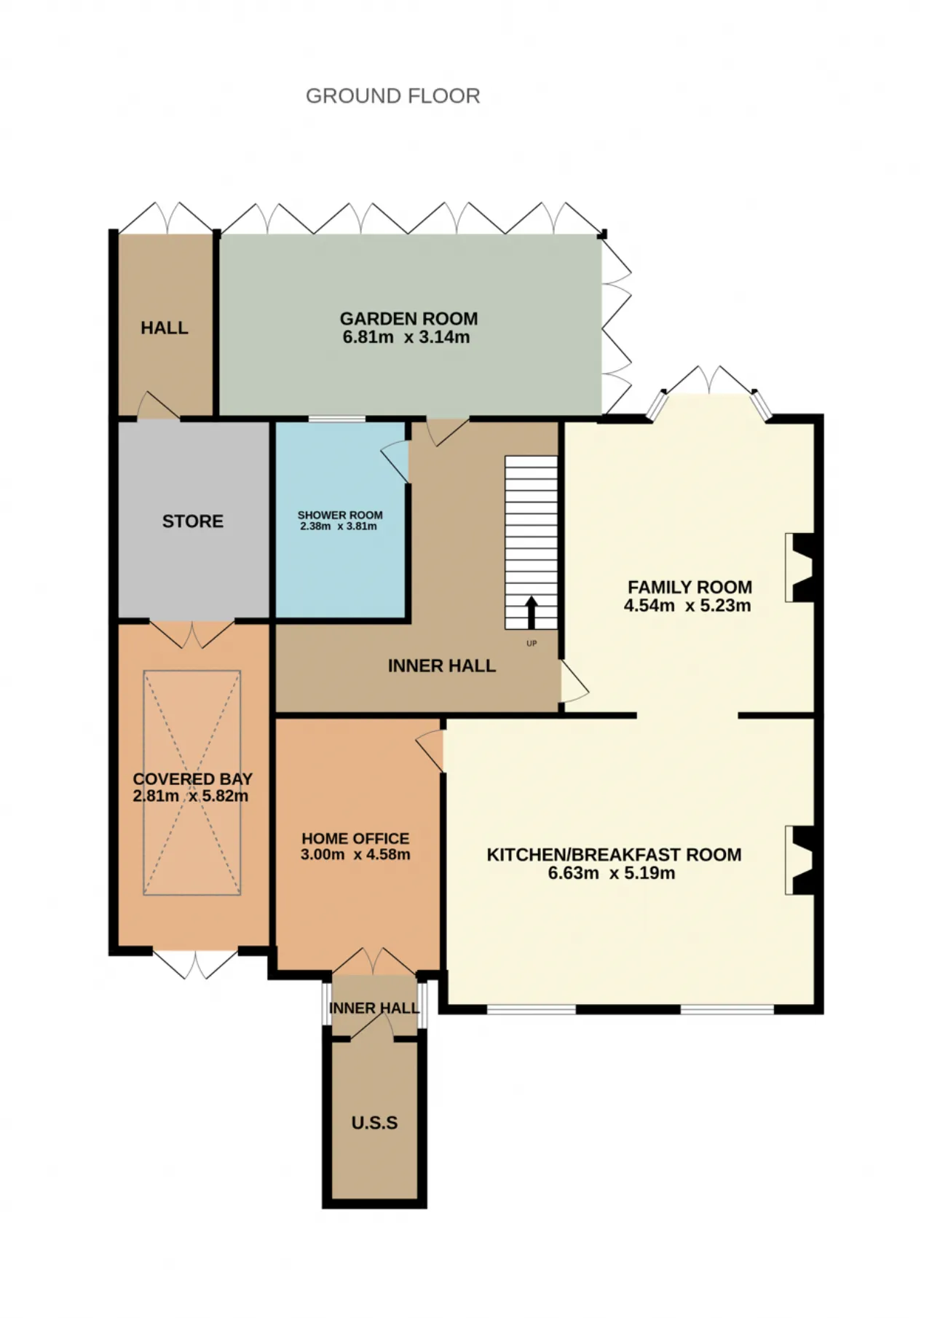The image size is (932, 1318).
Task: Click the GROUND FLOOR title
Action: pyautogui.click(x=392, y=96)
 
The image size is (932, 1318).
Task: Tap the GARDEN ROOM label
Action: pyautogui.click(x=408, y=319)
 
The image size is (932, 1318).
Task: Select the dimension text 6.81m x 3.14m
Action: pyautogui.click(x=406, y=337)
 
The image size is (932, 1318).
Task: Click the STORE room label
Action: pyautogui.click(x=193, y=521)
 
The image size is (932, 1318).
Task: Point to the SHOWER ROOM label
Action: pyautogui.click(x=340, y=515)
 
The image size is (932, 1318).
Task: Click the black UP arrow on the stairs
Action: pyautogui.click(x=532, y=612)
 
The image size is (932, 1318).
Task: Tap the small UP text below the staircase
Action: pyautogui.click(x=532, y=644)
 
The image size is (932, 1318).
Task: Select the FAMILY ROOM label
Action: pyautogui.click(x=690, y=587)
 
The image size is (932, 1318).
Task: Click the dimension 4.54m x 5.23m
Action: pyautogui.click(x=687, y=605)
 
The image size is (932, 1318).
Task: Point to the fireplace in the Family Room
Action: pyautogui.click(x=799, y=568)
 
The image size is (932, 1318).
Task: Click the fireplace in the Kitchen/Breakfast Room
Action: pyautogui.click(x=799, y=860)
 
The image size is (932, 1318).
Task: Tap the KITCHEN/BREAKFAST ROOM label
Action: pyautogui.click(x=614, y=855)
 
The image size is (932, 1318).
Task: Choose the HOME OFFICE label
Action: pyautogui.click(x=355, y=839)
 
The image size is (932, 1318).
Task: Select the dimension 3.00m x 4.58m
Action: pyautogui.click(x=355, y=855)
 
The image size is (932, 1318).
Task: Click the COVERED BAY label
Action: pyautogui.click(x=193, y=779)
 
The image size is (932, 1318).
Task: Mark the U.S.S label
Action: pyautogui.click(x=374, y=1123)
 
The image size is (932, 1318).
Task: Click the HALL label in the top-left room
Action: pyautogui.click(x=165, y=328)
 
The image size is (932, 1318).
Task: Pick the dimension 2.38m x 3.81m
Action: pyautogui.click(x=339, y=526)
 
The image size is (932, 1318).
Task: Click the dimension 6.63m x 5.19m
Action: pyautogui.click(x=612, y=873)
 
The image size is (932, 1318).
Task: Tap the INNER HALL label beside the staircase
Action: pyautogui.click(x=442, y=666)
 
